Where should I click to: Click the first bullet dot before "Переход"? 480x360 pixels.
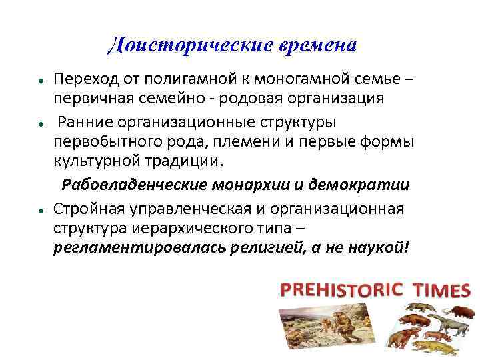41,80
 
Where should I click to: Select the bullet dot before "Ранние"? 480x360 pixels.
41,124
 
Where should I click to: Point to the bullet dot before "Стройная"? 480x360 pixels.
41,211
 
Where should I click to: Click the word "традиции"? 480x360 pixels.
186,160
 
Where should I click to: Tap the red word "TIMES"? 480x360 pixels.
441,290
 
